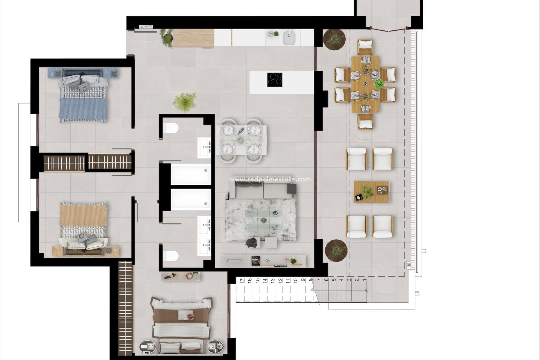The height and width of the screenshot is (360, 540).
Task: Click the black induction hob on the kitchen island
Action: point(275,79)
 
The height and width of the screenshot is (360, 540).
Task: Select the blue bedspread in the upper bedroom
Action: point(83,109)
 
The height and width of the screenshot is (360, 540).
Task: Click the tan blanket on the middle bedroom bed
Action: point(83,215)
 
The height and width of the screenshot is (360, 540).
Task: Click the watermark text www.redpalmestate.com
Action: point(270,179)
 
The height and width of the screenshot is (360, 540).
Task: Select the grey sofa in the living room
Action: point(260,190)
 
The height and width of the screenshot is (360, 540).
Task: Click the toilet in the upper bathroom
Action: point(171,129)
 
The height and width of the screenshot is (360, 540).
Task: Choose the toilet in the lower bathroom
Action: point(171,255)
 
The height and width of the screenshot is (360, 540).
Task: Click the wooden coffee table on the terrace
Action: point(371,192)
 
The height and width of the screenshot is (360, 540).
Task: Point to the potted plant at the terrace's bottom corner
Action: point(336,250)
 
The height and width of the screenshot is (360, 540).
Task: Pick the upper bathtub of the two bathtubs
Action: point(191,174)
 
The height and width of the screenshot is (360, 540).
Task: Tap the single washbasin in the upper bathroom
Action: point(204,148)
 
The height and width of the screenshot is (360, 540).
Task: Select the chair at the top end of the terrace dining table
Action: point(365,47)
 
